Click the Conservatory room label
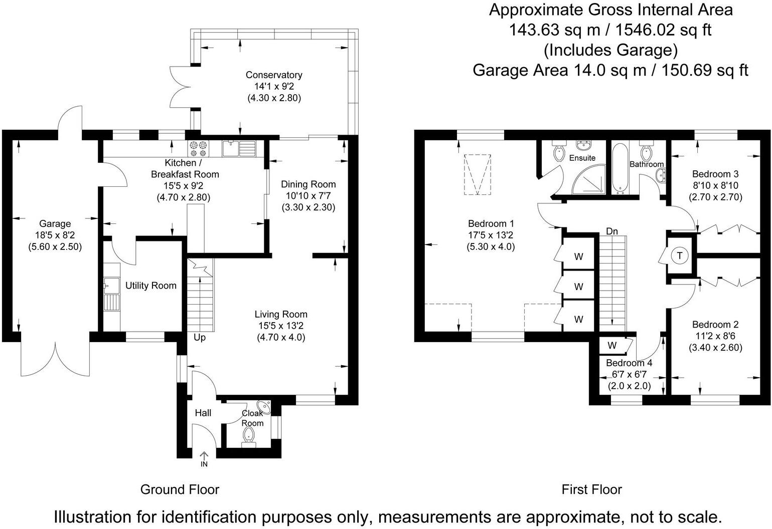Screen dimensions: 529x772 [274, 75]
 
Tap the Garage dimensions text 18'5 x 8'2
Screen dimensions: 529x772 [55, 235]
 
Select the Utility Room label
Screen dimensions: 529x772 [150, 286]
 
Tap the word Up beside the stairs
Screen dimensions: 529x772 [200, 338]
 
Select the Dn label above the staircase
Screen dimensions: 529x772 [612, 231]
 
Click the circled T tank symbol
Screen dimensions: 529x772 [680, 255]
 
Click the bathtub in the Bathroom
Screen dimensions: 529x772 [621, 168]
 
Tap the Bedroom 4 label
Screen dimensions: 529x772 [629, 363]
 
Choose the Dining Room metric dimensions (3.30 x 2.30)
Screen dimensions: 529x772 [308, 207]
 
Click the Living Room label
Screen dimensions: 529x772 [281, 315]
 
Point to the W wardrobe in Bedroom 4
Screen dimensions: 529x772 [612, 346]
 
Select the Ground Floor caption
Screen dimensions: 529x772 [180, 489]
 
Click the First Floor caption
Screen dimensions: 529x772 [591, 489]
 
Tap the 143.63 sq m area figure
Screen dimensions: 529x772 [554, 30]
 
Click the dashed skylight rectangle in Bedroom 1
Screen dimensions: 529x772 [478, 174]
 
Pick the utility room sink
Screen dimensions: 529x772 [111, 286]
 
